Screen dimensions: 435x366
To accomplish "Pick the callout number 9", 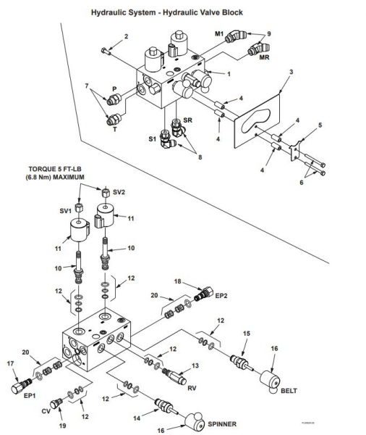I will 269,33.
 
